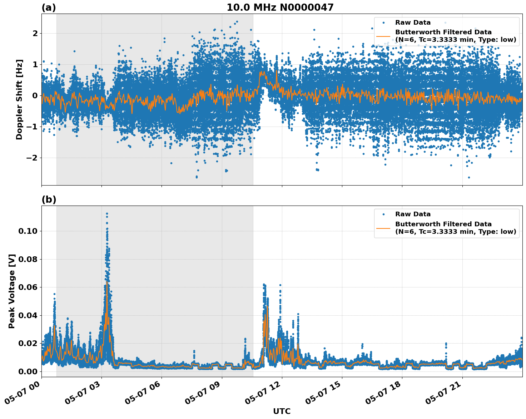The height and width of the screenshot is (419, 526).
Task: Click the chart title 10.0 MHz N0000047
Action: pyautogui.click(x=280, y=8)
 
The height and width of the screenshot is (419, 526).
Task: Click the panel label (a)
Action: pyautogui.click(x=49, y=8)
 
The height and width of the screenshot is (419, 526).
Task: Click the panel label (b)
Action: pyautogui.click(x=49, y=199)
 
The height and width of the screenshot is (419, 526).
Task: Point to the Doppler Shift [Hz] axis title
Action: pyautogui.click(x=19, y=99)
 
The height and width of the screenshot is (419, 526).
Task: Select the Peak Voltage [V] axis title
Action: pyautogui.click(x=12, y=291)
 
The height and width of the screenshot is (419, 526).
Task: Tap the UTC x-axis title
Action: pyautogui.click(x=282, y=411)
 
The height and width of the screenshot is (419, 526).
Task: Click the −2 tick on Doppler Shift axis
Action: pyautogui.click(x=32, y=158)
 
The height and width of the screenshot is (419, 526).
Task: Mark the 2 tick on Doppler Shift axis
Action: pyautogui.click(x=35, y=33)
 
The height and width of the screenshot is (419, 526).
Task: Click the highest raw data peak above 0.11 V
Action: pyautogui.click(x=107, y=213)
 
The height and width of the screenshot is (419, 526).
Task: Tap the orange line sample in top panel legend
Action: pyautogui.click(x=383, y=36)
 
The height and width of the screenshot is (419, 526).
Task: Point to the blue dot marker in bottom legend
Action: pyautogui.click(x=383, y=215)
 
